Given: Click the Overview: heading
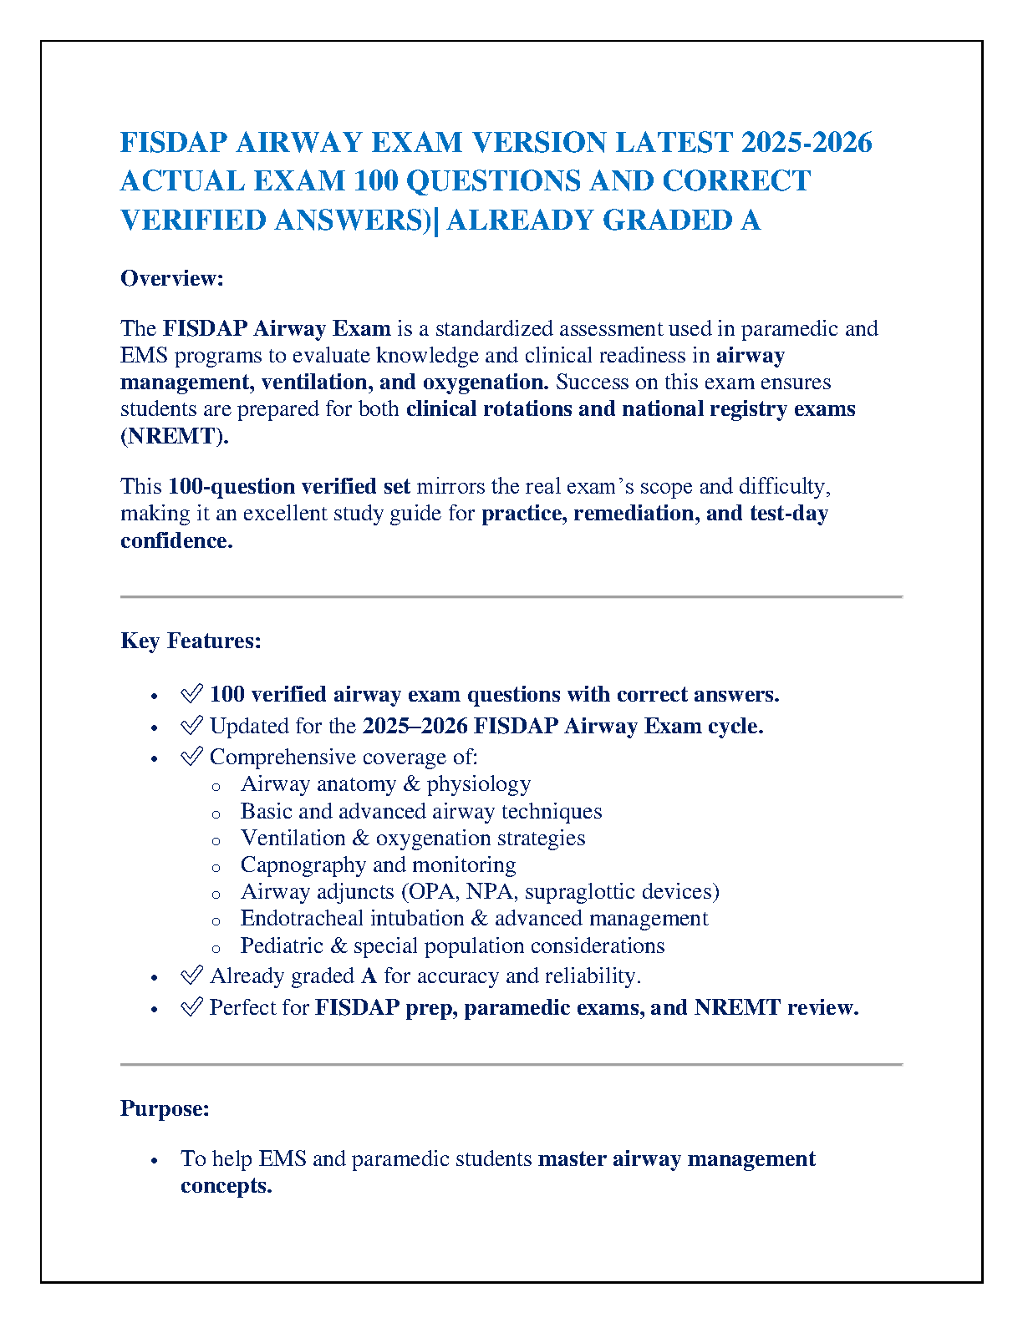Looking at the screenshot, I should pyautogui.click(x=172, y=278).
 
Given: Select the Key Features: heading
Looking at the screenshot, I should pyautogui.click(x=191, y=641).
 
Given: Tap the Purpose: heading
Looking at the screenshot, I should pyautogui.click(x=165, y=1108).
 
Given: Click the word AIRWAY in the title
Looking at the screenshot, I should pyautogui.click(x=298, y=143).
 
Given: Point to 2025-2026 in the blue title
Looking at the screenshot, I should pyautogui.click(x=807, y=143).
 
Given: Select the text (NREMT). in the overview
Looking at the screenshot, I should pyautogui.click(x=175, y=436).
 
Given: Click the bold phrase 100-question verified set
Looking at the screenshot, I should pyautogui.click(x=289, y=486).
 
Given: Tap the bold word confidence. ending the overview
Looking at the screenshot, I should pyautogui.click(x=176, y=540).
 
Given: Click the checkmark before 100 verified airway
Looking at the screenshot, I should pyautogui.click(x=192, y=694).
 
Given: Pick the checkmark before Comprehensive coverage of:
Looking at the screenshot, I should pyautogui.click(x=192, y=757).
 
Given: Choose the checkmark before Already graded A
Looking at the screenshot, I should pyautogui.click(x=192, y=976).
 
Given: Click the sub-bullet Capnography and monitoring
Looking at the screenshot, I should pyautogui.click(x=378, y=864).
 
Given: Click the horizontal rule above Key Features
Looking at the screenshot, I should pyautogui.click(x=511, y=597).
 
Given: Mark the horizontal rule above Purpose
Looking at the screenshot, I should pyautogui.click(x=511, y=1065).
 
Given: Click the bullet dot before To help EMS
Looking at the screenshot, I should pyautogui.click(x=155, y=1161).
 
